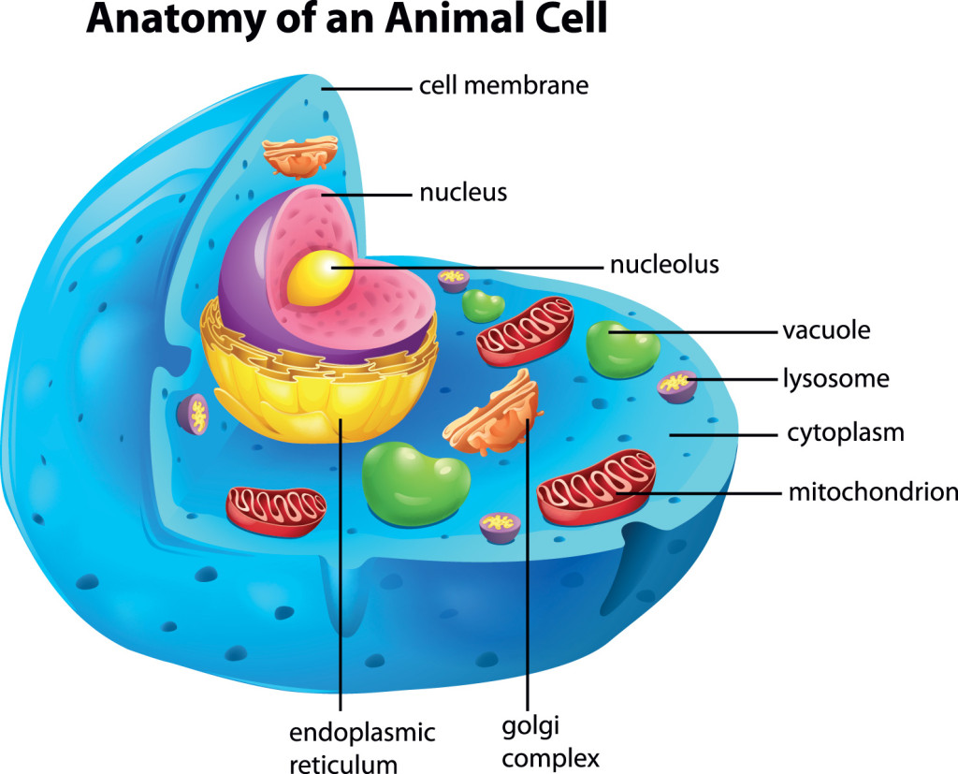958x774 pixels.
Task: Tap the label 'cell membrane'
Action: [504, 85]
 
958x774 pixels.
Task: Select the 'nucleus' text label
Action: [463, 193]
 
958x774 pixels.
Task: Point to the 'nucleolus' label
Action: [665, 264]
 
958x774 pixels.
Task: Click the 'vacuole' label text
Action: [827, 330]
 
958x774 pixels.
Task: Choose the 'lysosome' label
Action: [836, 378]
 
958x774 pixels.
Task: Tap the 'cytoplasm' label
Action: [846, 432]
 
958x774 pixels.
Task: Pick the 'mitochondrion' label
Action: [873, 492]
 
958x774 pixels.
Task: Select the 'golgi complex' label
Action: [550, 742]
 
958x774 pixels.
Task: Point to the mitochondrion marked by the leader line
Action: [597, 488]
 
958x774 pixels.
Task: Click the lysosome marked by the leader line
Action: [676, 387]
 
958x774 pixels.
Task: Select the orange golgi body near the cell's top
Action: [300, 156]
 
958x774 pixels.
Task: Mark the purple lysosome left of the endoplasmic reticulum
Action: [193, 415]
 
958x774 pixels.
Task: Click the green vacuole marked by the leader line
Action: [622, 349]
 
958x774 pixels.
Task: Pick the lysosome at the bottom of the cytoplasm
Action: [500, 528]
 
